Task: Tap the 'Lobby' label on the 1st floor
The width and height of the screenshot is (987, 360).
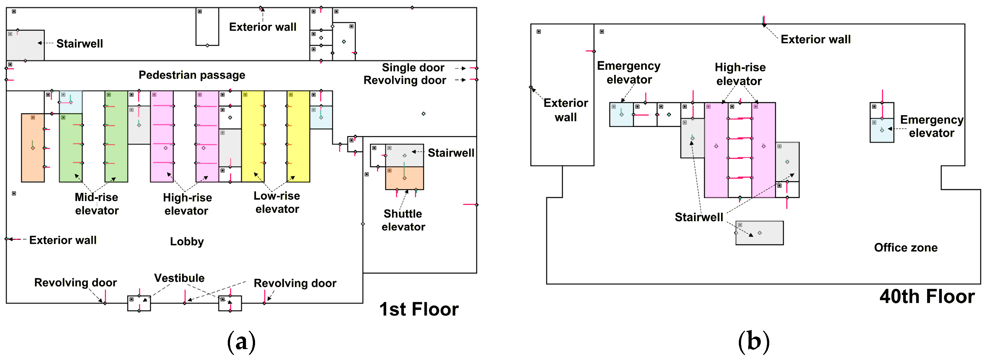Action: click(x=187, y=242)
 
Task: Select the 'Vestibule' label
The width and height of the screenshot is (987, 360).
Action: click(x=179, y=278)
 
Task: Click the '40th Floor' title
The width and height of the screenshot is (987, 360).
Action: click(x=927, y=296)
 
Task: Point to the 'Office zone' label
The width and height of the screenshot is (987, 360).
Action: click(x=906, y=248)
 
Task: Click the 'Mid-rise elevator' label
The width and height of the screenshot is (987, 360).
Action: click(x=97, y=204)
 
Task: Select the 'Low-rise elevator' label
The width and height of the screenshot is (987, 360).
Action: click(x=277, y=202)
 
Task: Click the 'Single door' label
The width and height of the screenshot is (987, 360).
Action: click(x=413, y=68)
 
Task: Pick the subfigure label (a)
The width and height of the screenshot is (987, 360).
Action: click(x=241, y=342)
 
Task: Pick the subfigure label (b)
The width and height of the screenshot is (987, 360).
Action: click(x=753, y=342)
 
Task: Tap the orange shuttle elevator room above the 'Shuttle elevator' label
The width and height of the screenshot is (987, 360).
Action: click(x=404, y=178)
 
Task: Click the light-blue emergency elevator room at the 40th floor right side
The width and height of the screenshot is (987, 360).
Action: click(x=882, y=130)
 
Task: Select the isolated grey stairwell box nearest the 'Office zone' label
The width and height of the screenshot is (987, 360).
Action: click(x=760, y=233)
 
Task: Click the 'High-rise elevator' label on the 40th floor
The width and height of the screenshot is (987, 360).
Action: click(x=740, y=74)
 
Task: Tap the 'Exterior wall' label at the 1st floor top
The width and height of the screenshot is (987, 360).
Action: click(x=263, y=27)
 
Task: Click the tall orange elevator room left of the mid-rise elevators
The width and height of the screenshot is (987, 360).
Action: click(x=33, y=147)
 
